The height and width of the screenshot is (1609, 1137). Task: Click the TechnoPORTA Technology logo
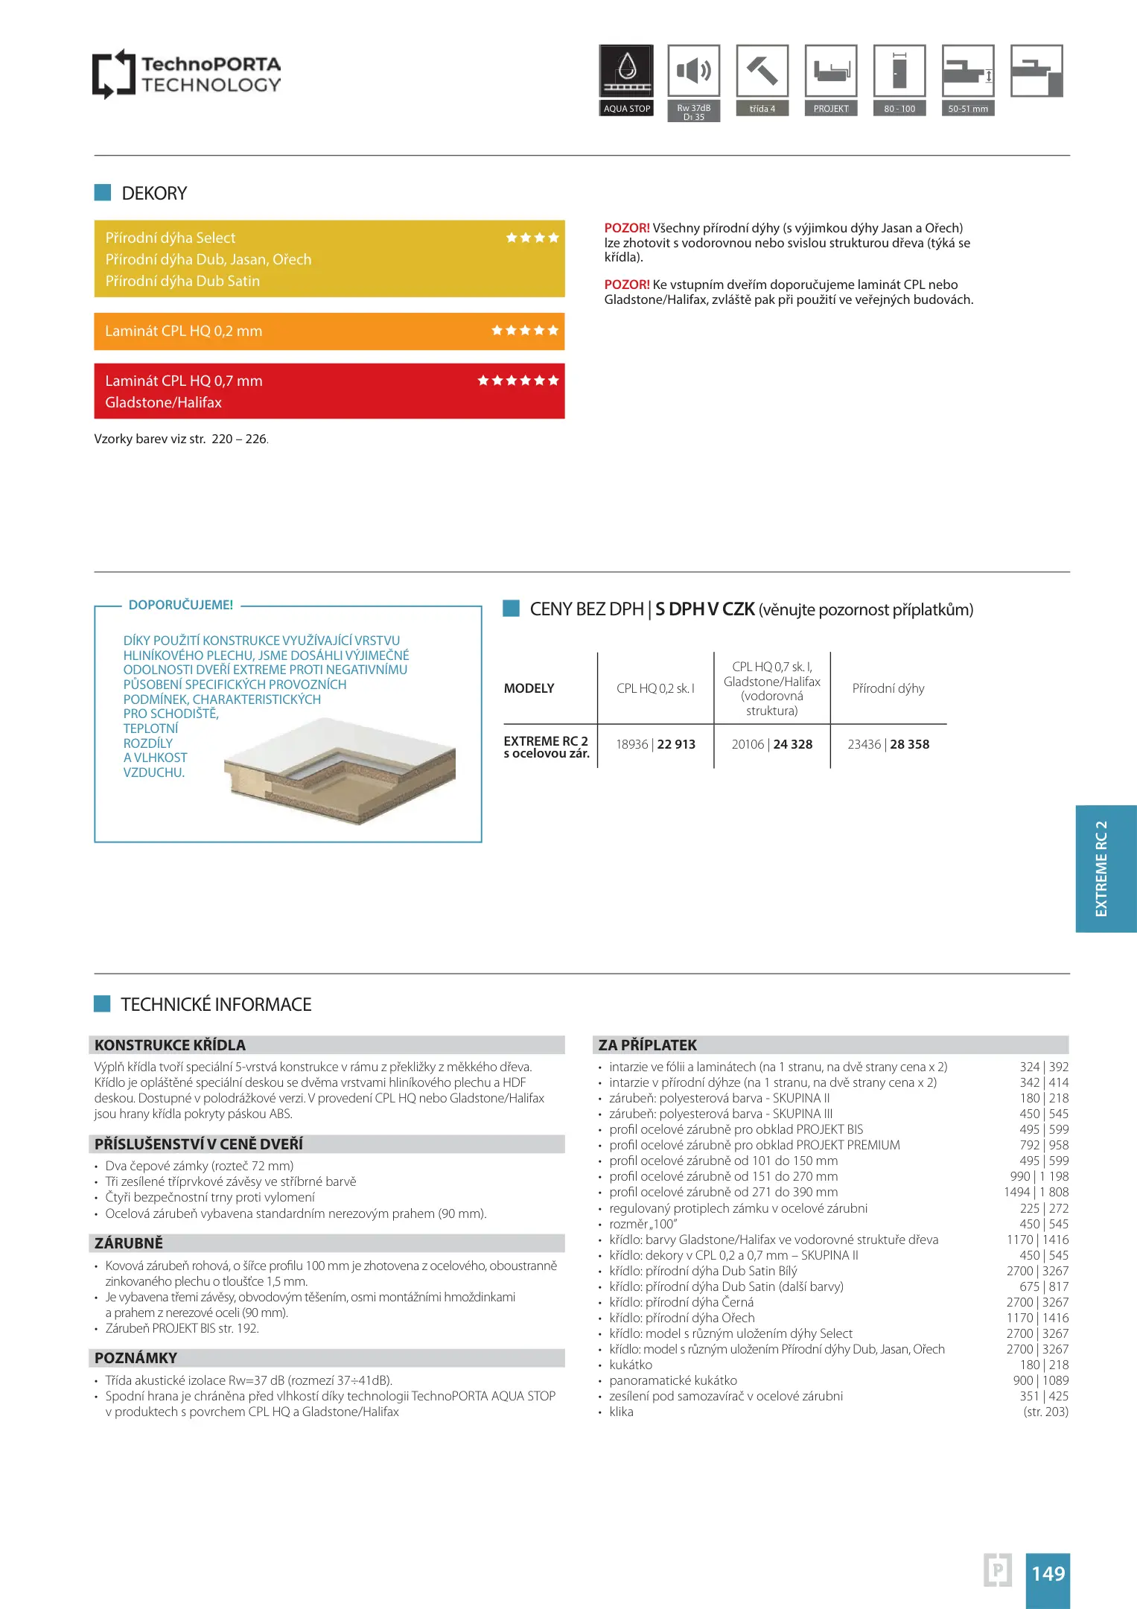186,74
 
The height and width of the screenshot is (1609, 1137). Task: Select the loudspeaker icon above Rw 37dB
693,71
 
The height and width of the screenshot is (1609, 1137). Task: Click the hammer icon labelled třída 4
762,71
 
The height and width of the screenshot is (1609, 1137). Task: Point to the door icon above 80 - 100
899,71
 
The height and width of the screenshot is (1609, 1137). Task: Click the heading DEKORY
154,194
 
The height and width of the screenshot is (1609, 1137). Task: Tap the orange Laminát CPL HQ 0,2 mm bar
329,331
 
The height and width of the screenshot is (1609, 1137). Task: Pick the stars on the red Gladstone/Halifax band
518,381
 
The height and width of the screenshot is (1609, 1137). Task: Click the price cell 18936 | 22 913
655,744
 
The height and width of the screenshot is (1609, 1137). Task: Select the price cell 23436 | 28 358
888,744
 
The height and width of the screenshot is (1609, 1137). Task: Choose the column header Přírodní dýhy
888,688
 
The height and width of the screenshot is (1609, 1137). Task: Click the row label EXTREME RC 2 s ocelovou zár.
547,746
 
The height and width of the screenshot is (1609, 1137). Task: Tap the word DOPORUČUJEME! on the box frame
181,605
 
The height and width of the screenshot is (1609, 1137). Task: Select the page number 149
1048,1573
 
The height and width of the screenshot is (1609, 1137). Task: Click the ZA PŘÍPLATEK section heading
648,1045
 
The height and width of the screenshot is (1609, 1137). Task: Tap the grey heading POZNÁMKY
136,1358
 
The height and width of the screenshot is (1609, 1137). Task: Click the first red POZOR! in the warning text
627,228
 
